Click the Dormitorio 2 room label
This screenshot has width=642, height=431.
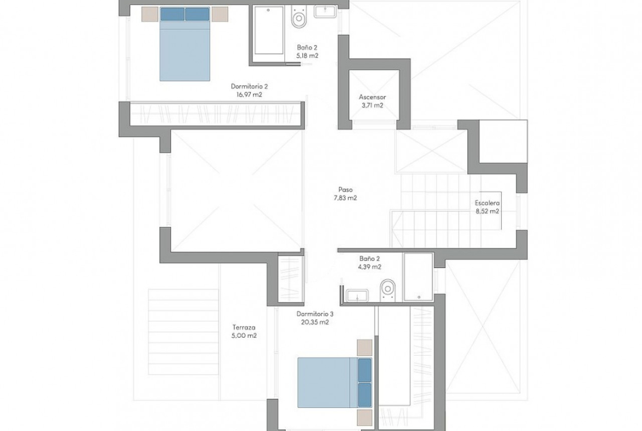(x=249, y=86)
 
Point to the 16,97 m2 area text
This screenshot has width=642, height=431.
(x=249, y=94)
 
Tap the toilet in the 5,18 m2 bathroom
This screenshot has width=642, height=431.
(x=299, y=16)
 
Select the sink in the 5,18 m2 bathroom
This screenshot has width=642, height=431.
(x=325, y=11)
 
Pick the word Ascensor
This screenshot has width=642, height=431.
(x=372, y=97)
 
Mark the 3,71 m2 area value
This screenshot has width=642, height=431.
(x=372, y=105)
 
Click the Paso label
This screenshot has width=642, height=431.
(x=345, y=189)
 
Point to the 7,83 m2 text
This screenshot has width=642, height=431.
(x=345, y=198)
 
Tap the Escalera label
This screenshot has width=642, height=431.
(x=487, y=203)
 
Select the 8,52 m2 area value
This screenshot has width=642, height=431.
(x=487, y=211)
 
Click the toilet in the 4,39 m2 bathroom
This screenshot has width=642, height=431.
(x=387, y=290)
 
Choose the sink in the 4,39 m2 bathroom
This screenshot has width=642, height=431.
(x=357, y=295)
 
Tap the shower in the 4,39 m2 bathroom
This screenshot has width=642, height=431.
(x=418, y=277)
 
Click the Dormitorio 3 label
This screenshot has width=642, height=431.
(x=315, y=314)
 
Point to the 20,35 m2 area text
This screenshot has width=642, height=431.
(x=316, y=322)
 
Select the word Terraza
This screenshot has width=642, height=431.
(x=244, y=327)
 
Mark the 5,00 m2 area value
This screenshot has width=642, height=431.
(x=244, y=335)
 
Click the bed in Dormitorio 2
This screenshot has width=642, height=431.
(x=185, y=44)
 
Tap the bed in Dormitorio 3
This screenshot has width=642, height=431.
(x=335, y=383)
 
